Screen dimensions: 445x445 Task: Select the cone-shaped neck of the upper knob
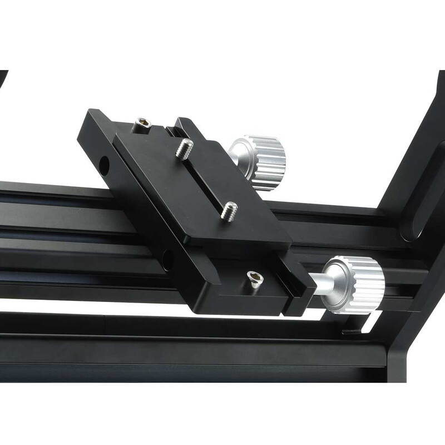coord(238,153)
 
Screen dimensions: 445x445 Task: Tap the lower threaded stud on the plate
coord(229,210)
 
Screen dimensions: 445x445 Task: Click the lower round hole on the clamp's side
coord(166,259)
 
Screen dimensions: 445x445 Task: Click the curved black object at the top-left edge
coord(3,81)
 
